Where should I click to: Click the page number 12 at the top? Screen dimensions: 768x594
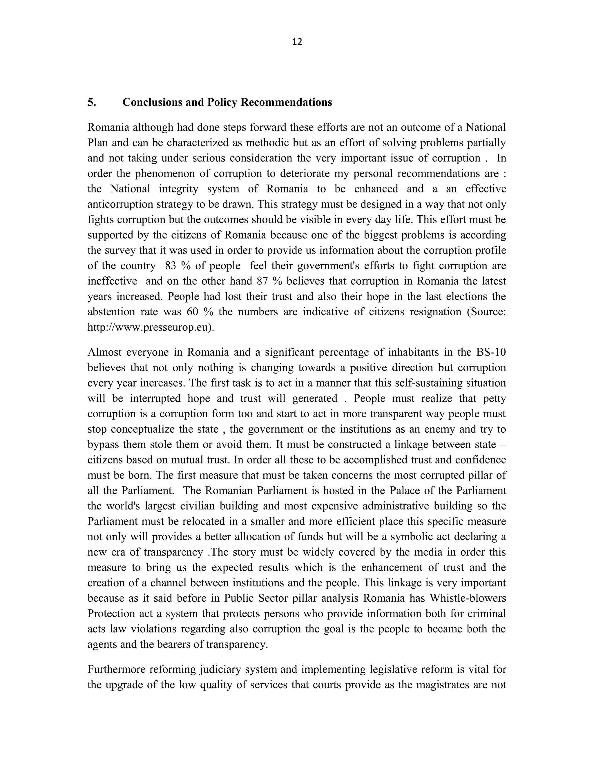pos(297,42)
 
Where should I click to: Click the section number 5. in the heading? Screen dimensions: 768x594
pos(92,102)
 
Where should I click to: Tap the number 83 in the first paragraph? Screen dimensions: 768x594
pos(170,265)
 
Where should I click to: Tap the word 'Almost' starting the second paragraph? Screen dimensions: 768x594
pos(104,352)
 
